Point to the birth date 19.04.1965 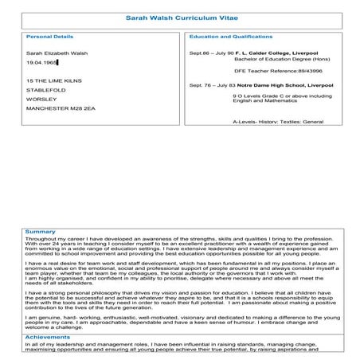pos(41,61)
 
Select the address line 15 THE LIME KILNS pos(49,80)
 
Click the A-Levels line pos(267,122)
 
